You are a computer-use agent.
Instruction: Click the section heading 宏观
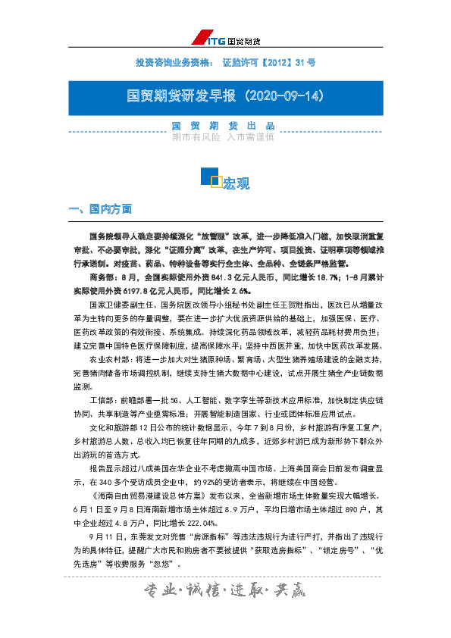[x=236, y=183]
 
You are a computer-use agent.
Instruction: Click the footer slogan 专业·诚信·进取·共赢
[x=225, y=592]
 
